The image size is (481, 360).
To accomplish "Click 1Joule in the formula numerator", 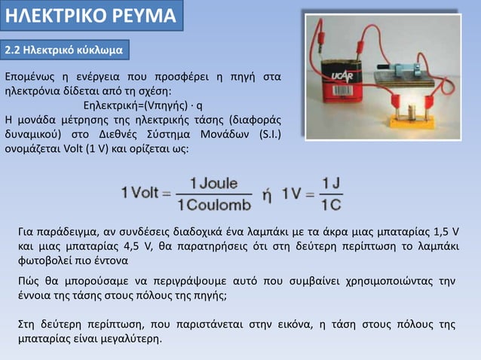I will pos(213,182).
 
